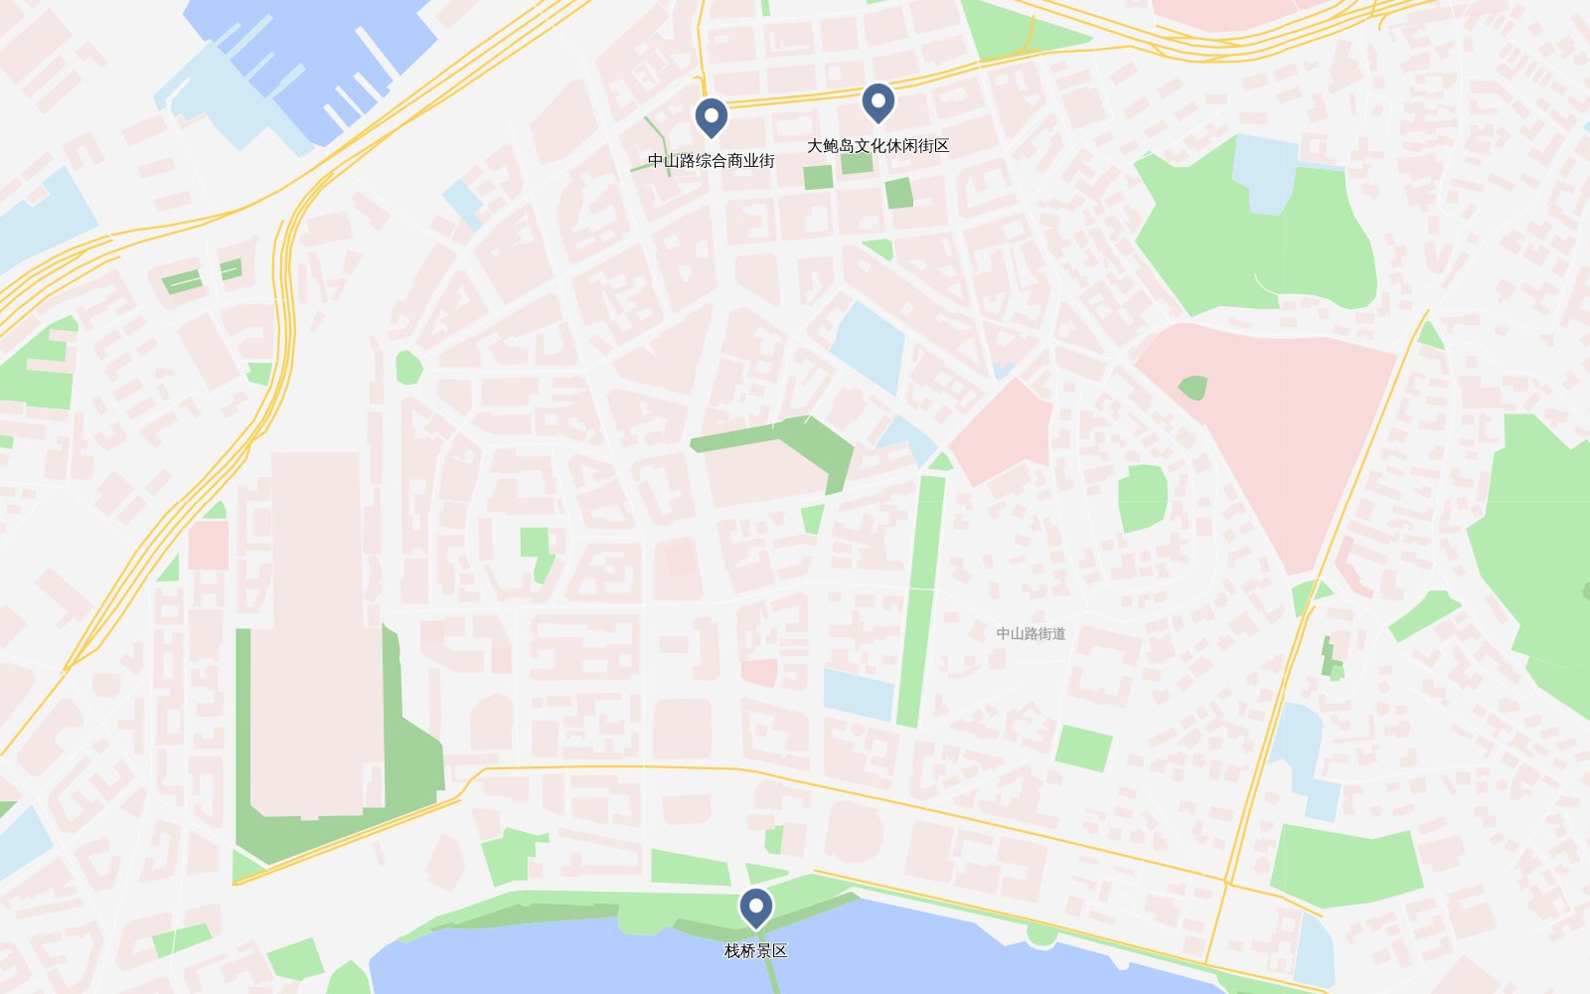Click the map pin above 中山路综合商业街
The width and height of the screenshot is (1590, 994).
pyautogui.click(x=711, y=116)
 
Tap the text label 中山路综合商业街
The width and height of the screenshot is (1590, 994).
pyautogui.click(x=711, y=161)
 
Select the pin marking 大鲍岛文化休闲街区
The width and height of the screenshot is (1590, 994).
pyautogui.click(x=877, y=101)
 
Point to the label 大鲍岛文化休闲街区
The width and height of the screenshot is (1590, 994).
pyautogui.click(x=877, y=146)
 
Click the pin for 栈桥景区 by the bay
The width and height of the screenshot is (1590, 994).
pyautogui.click(x=756, y=907)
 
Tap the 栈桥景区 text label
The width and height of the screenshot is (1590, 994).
pyautogui.click(x=756, y=951)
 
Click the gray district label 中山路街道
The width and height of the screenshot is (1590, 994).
pyautogui.click(x=1031, y=633)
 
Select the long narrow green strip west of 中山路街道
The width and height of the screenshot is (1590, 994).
pyautogui.click(x=921, y=596)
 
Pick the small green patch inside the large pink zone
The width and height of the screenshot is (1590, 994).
pyautogui.click(x=1192, y=387)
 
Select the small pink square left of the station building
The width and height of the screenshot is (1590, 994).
pyautogui.click(x=208, y=545)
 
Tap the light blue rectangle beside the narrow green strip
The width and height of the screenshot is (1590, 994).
pyautogui.click(x=859, y=693)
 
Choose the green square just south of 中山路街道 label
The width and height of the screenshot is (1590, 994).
pyautogui.click(x=1083, y=747)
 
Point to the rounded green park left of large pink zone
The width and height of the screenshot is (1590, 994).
pyautogui.click(x=1143, y=497)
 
